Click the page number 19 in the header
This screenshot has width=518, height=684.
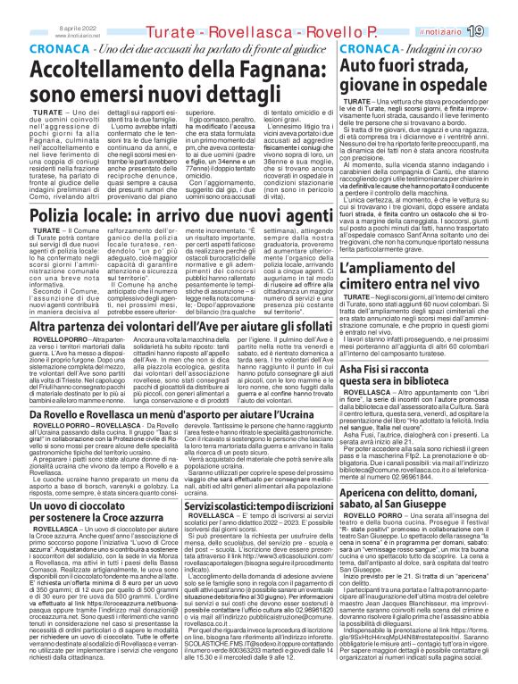pos(499,31)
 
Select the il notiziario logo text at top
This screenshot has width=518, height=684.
pos(455,32)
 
